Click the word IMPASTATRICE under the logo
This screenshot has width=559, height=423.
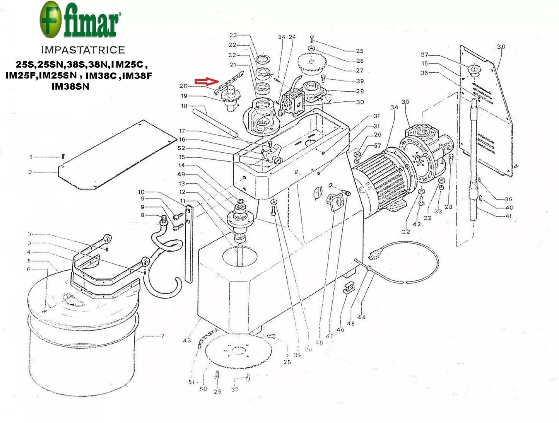point(83,50)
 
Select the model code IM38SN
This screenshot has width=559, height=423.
point(70,87)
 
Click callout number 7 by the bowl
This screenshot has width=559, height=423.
point(162,336)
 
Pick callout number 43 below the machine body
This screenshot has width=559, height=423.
point(187,340)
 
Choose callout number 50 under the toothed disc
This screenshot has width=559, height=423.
point(203,389)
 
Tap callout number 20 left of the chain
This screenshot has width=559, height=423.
point(183,86)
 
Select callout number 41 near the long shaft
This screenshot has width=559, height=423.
point(508,216)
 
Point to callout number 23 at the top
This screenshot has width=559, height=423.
point(233,35)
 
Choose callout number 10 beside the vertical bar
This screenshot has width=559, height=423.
point(141,192)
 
